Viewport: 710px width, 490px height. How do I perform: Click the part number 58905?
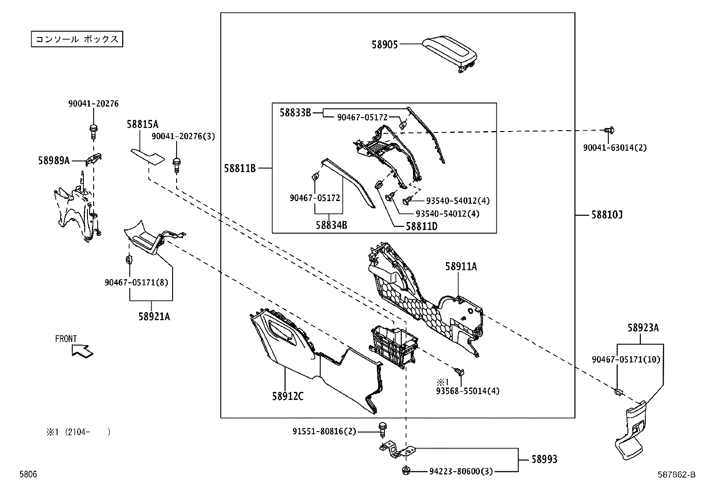pyautogui.click(x=384, y=44)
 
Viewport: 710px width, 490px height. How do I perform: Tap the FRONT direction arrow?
pyautogui.click(x=83, y=351)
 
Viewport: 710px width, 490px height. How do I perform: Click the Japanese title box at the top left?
pyautogui.click(x=76, y=39)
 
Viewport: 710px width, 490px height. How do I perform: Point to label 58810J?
pyautogui.click(x=607, y=215)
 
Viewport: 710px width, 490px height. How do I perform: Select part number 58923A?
pyautogui.click(x=643, y=328)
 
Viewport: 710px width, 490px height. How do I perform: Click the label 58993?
pyautogui.click(x=544, y=459)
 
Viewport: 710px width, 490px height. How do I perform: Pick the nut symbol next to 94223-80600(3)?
pyautogui.click(x=406, y=470)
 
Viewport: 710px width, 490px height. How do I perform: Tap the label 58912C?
pyautogui.click(x=288, y=396)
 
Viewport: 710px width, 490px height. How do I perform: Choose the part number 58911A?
pyautogui.click(x=461, y=267)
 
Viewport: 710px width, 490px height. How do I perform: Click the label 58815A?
pyautogui.click(x=142, y=124)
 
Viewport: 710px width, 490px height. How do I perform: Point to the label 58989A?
pyautogui.click(x=54, y=161)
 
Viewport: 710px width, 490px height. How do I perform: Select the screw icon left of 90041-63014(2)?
pyautogui.click(x=609, y=130)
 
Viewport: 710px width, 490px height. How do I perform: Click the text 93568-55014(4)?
pyautogui.click(x=468, y=391)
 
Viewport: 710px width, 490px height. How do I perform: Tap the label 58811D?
pyautogui.click(x=421, y=226)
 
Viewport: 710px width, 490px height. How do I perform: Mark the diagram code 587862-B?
pyautogui.click(x=677, y=475)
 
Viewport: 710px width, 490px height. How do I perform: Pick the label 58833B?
pyautogui.click(x=295, y=112)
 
